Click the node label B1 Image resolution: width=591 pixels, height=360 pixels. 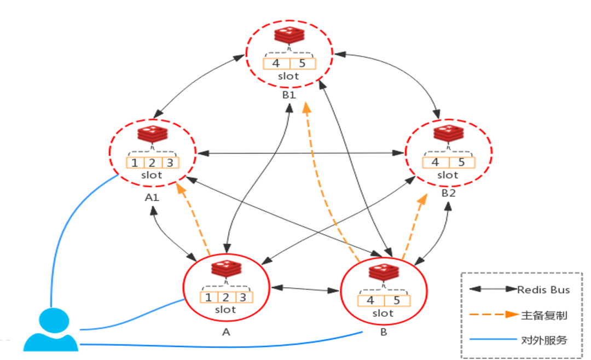(x=288, y=96)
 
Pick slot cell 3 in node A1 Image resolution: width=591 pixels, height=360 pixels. (x=170, y=162)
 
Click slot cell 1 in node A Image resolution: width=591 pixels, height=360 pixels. (x=208, y=297)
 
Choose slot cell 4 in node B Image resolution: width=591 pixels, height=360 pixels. (x=370, y=300)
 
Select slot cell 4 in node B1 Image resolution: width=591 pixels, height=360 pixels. (x=276, y=63)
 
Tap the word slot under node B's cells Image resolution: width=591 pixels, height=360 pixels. (x=383, y=313)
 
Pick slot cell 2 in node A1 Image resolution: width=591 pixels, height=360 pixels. (x=152, y=162)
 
